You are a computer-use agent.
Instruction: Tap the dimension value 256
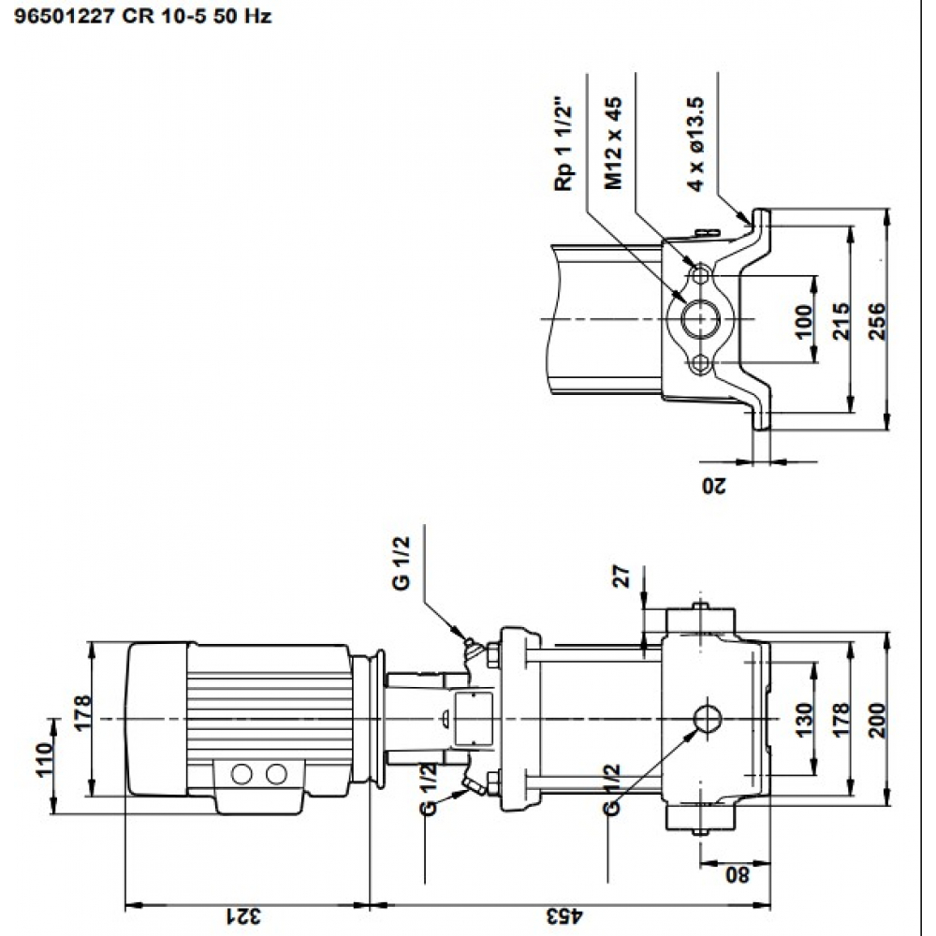coord(877,321)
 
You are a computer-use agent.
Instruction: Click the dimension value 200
coord(877,720)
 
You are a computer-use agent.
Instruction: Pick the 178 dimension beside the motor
coord(83,713)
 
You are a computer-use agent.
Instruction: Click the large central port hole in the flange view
coord(698,320)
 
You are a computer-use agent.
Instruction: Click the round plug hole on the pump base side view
coord(707,719)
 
